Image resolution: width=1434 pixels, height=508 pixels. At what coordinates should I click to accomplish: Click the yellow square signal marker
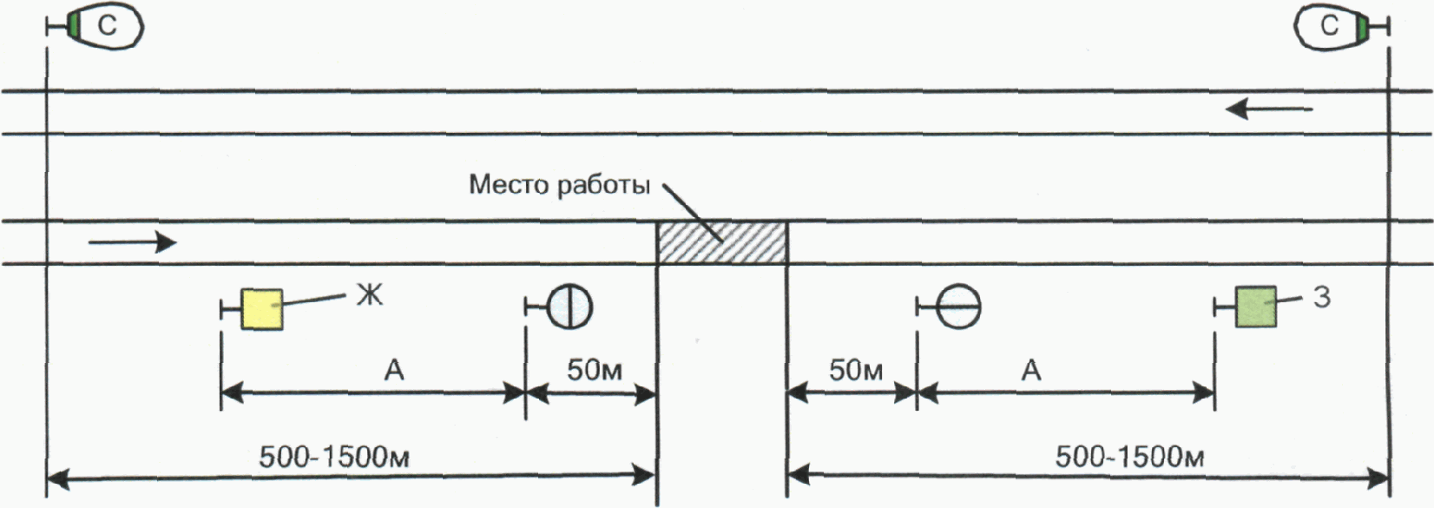(261, 308)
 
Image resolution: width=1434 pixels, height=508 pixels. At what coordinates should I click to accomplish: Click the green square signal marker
(1255, 307)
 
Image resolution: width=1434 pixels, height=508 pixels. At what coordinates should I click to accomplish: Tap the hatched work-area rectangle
(721, 243)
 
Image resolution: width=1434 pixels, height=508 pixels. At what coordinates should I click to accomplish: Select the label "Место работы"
(559, 185)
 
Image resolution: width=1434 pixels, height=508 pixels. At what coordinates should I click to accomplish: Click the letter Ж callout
(369, 295)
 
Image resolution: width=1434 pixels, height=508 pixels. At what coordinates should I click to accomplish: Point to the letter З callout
(1321, 297)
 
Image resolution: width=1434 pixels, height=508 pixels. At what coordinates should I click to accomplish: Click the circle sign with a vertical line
(570, 307)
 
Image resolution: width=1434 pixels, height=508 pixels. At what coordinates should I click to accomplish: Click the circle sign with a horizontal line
(959, 307)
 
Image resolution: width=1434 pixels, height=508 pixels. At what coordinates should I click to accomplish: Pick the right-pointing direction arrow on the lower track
(132, 242)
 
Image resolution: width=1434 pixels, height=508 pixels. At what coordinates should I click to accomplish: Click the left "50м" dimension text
(595, 371)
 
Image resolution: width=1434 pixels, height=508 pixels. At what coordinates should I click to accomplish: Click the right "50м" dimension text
(855, 371)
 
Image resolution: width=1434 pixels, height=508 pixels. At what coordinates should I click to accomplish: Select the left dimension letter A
(394, 371)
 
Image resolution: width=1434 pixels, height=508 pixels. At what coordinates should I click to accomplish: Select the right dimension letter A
(1030, 371)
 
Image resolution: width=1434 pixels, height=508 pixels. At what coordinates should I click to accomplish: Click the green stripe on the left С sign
(75, 27)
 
